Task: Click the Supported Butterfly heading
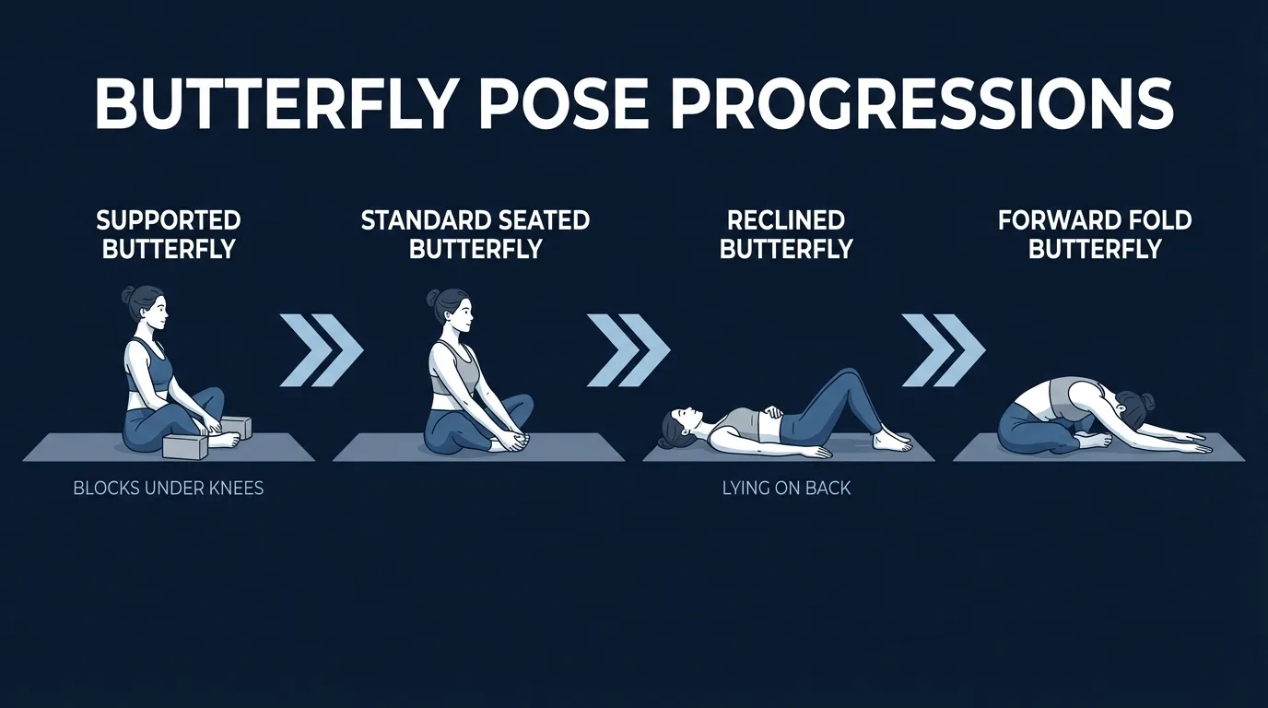click(x=169, y=235)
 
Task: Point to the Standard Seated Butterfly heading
click(x=475, y=235)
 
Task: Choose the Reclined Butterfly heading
click(x=786, y=235)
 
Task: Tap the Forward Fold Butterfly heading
click(x=1095, y=235)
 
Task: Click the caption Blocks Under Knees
click(x=169, y=488)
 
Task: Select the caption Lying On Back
click(x=786, y=488)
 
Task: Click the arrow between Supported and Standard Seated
click(x=321, y=350)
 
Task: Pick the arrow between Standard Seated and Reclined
click(x=628, y=350)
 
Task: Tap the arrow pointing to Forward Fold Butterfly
click(x=943, y=350)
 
